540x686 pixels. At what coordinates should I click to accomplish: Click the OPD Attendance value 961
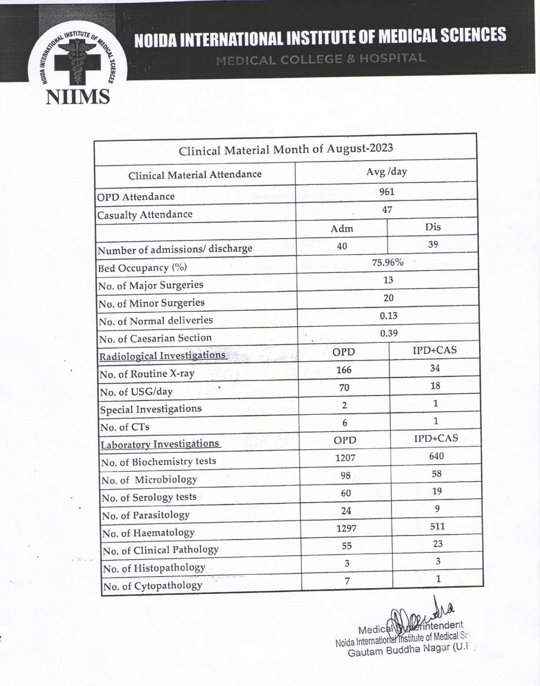(x=387, y=192)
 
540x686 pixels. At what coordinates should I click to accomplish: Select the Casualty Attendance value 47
(x=387, y=209)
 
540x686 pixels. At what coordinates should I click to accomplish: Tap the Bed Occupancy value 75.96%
(x=388, y=262)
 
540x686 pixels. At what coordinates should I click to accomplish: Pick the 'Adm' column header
(x=342, y=229)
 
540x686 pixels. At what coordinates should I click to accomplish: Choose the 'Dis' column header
(x=433, y=227)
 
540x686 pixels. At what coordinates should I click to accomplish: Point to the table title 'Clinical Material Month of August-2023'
(x=286, y=149)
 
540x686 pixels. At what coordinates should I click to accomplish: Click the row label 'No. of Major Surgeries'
(x=151, y=285)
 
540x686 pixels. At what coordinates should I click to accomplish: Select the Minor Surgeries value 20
(x=388, y=298)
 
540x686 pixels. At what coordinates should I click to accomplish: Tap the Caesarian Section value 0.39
(x=389, y=333)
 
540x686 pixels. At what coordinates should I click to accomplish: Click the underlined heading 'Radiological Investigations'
(x=162, y=356)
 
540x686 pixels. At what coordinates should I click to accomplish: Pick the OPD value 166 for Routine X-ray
(x=344, y=370)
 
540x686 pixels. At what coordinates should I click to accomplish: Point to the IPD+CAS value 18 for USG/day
(x=435, y=385)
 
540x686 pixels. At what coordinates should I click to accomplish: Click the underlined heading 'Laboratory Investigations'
(x=160, y=444)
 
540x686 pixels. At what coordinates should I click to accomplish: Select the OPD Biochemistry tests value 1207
(x=345, y=457)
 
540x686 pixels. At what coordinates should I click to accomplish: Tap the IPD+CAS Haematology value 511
(x=437, y=526)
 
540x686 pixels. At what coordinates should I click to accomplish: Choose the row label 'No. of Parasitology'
(x=146, y=515)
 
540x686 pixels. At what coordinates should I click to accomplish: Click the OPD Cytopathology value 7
(x=347, y=581)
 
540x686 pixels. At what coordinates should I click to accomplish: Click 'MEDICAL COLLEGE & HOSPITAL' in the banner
(x=320, y=59)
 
